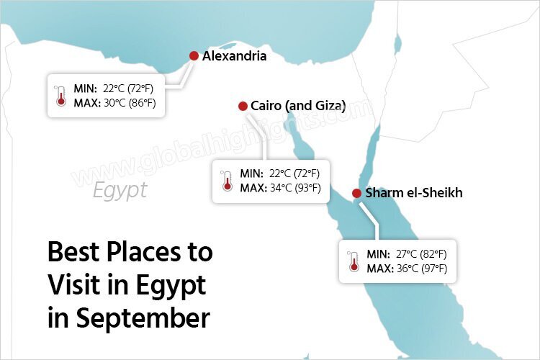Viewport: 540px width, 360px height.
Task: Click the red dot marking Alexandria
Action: pos(194,56)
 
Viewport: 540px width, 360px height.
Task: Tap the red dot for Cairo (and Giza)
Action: pos(243,106)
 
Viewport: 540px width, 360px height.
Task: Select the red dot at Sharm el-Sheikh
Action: pos(356,193)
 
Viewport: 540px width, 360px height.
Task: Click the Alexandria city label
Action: pos(235,56)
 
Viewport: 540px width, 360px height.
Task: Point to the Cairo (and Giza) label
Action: pos(298,106)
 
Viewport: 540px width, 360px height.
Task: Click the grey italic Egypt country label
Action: pos(120,190)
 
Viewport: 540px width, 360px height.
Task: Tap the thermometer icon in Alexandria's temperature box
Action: pos(60,96)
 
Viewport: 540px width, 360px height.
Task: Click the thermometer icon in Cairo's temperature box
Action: pos(228,181)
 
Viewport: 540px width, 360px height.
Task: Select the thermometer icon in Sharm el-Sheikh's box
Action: pos(354,261)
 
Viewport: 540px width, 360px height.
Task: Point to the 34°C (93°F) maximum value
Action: pos(294,188)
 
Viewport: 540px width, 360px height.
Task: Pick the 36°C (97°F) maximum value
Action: pos(421,269)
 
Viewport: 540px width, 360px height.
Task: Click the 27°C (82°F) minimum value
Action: pos(421,254)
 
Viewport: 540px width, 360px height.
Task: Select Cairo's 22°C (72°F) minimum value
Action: pos(294,174)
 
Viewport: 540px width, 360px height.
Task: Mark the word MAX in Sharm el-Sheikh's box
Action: pos(379,269)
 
